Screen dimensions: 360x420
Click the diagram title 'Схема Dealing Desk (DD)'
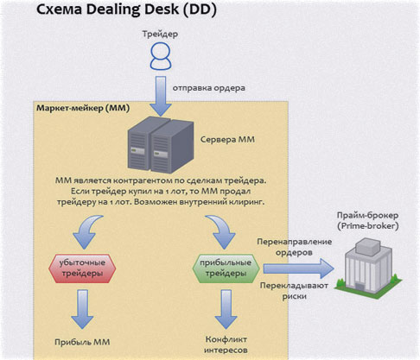pos(137,10)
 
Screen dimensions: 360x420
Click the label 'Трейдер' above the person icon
pos(160,34)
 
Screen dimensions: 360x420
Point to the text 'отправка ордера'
pos(211,88)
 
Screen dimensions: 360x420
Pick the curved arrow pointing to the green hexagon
pos(222,229)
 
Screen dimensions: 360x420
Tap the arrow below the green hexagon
pos(227,307)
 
